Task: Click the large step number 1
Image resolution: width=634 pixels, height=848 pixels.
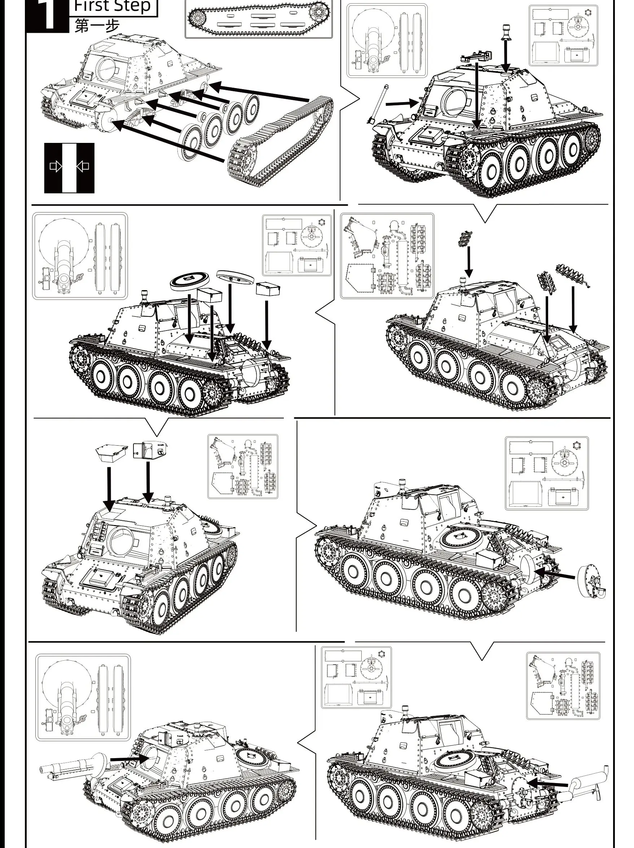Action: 49,15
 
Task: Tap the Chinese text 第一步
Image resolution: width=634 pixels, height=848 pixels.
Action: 97,26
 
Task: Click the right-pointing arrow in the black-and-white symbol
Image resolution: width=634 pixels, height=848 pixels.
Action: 56,166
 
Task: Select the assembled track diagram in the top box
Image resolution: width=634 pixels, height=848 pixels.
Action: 259,18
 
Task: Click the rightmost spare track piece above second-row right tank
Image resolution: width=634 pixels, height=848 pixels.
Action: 572,272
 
